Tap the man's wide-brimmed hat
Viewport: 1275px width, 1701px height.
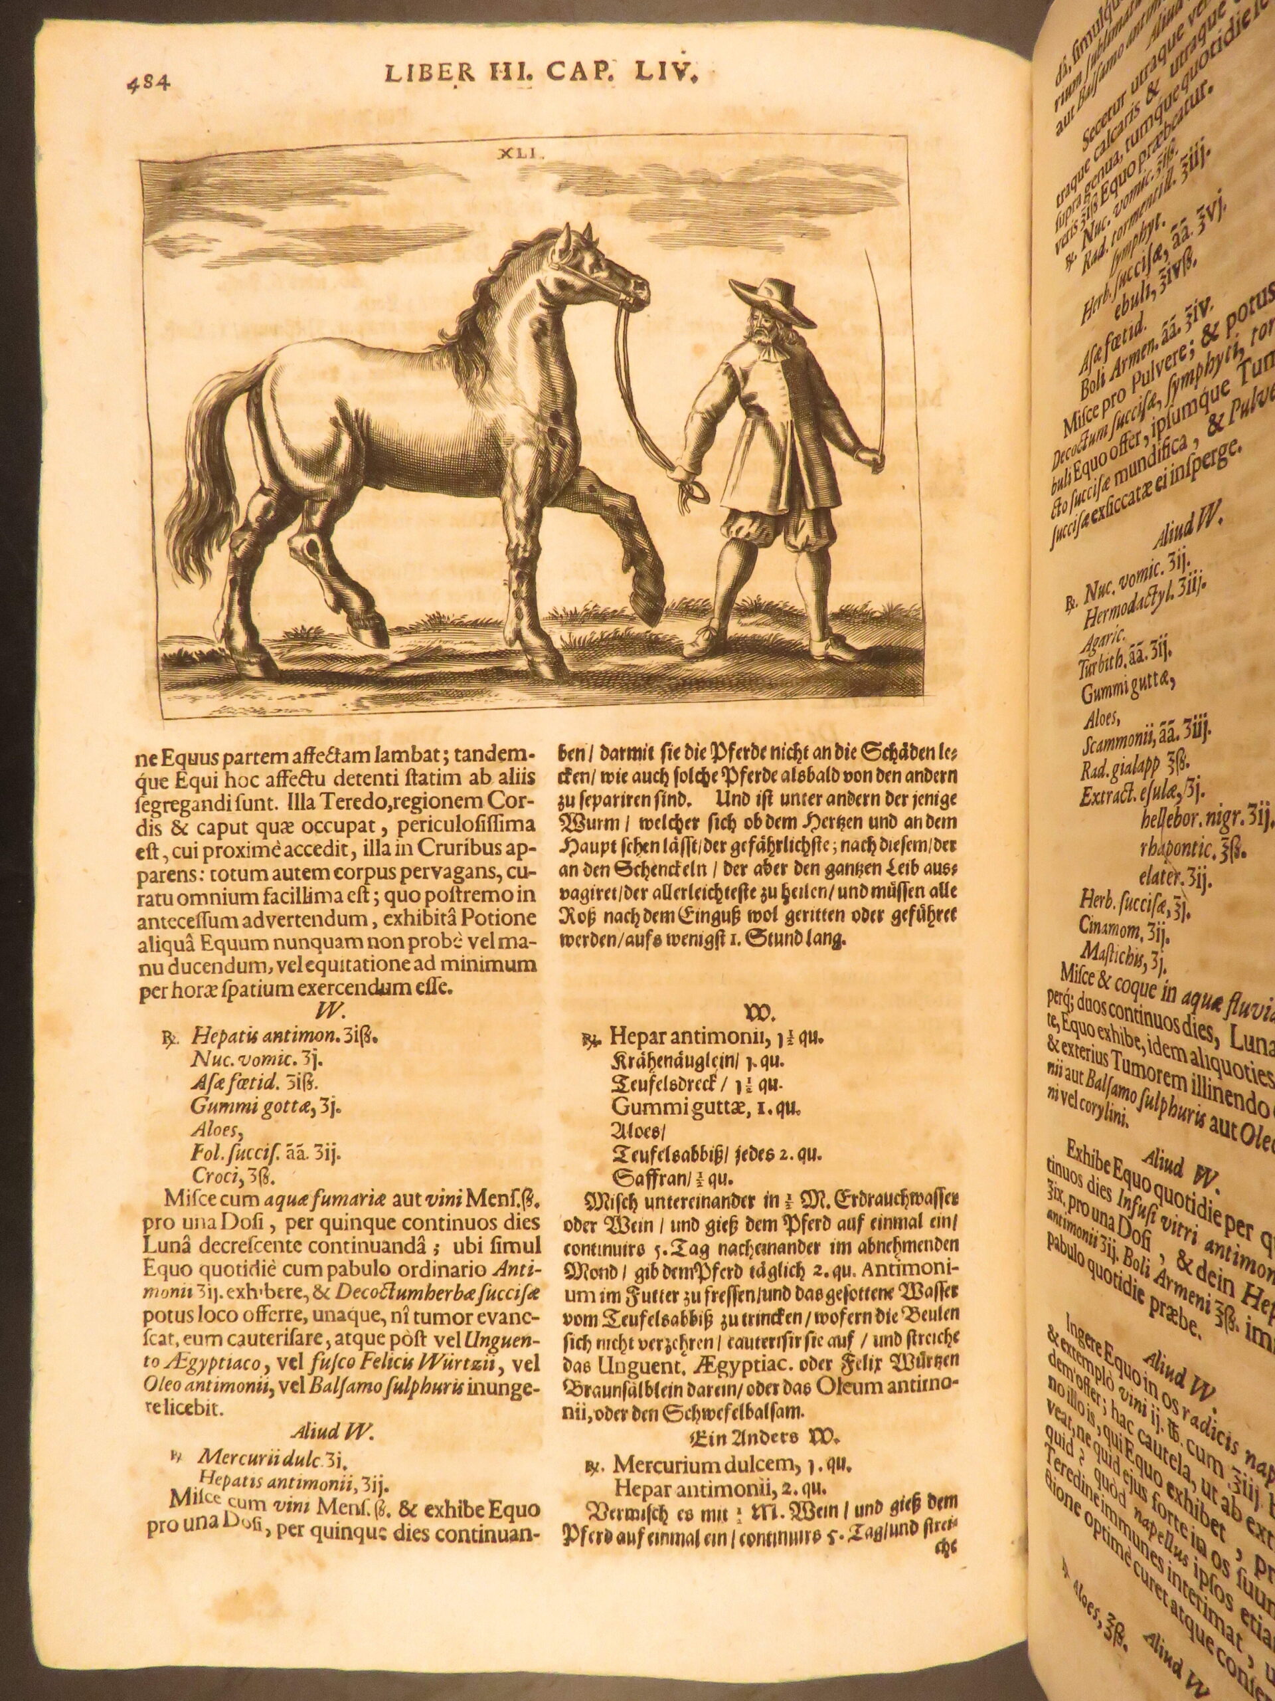(x=769, y=299)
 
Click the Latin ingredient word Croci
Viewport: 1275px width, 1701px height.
(x=213, y=1197)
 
